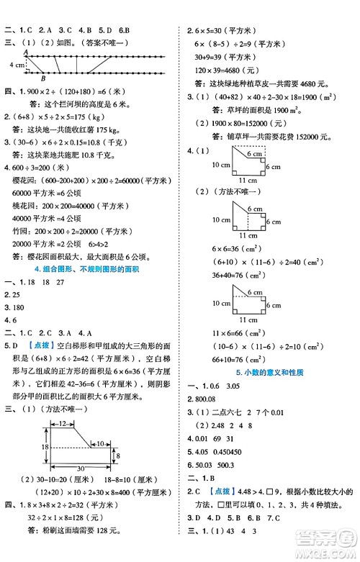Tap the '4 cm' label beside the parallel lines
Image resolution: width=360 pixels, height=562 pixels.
(x=12, y=65)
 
